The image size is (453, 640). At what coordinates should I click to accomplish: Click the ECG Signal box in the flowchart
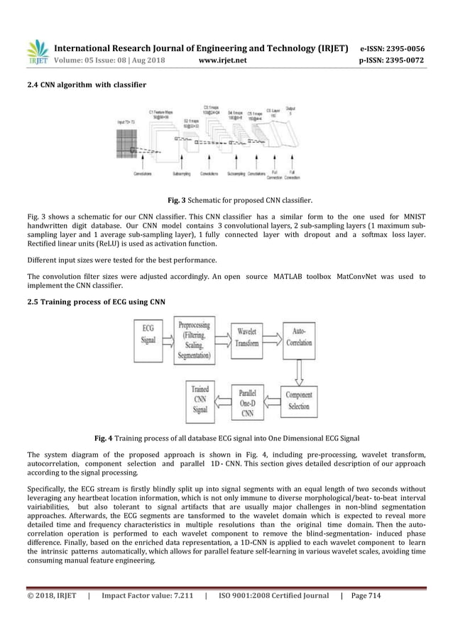[148, 341]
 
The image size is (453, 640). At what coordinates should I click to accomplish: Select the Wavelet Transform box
[247, 341]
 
